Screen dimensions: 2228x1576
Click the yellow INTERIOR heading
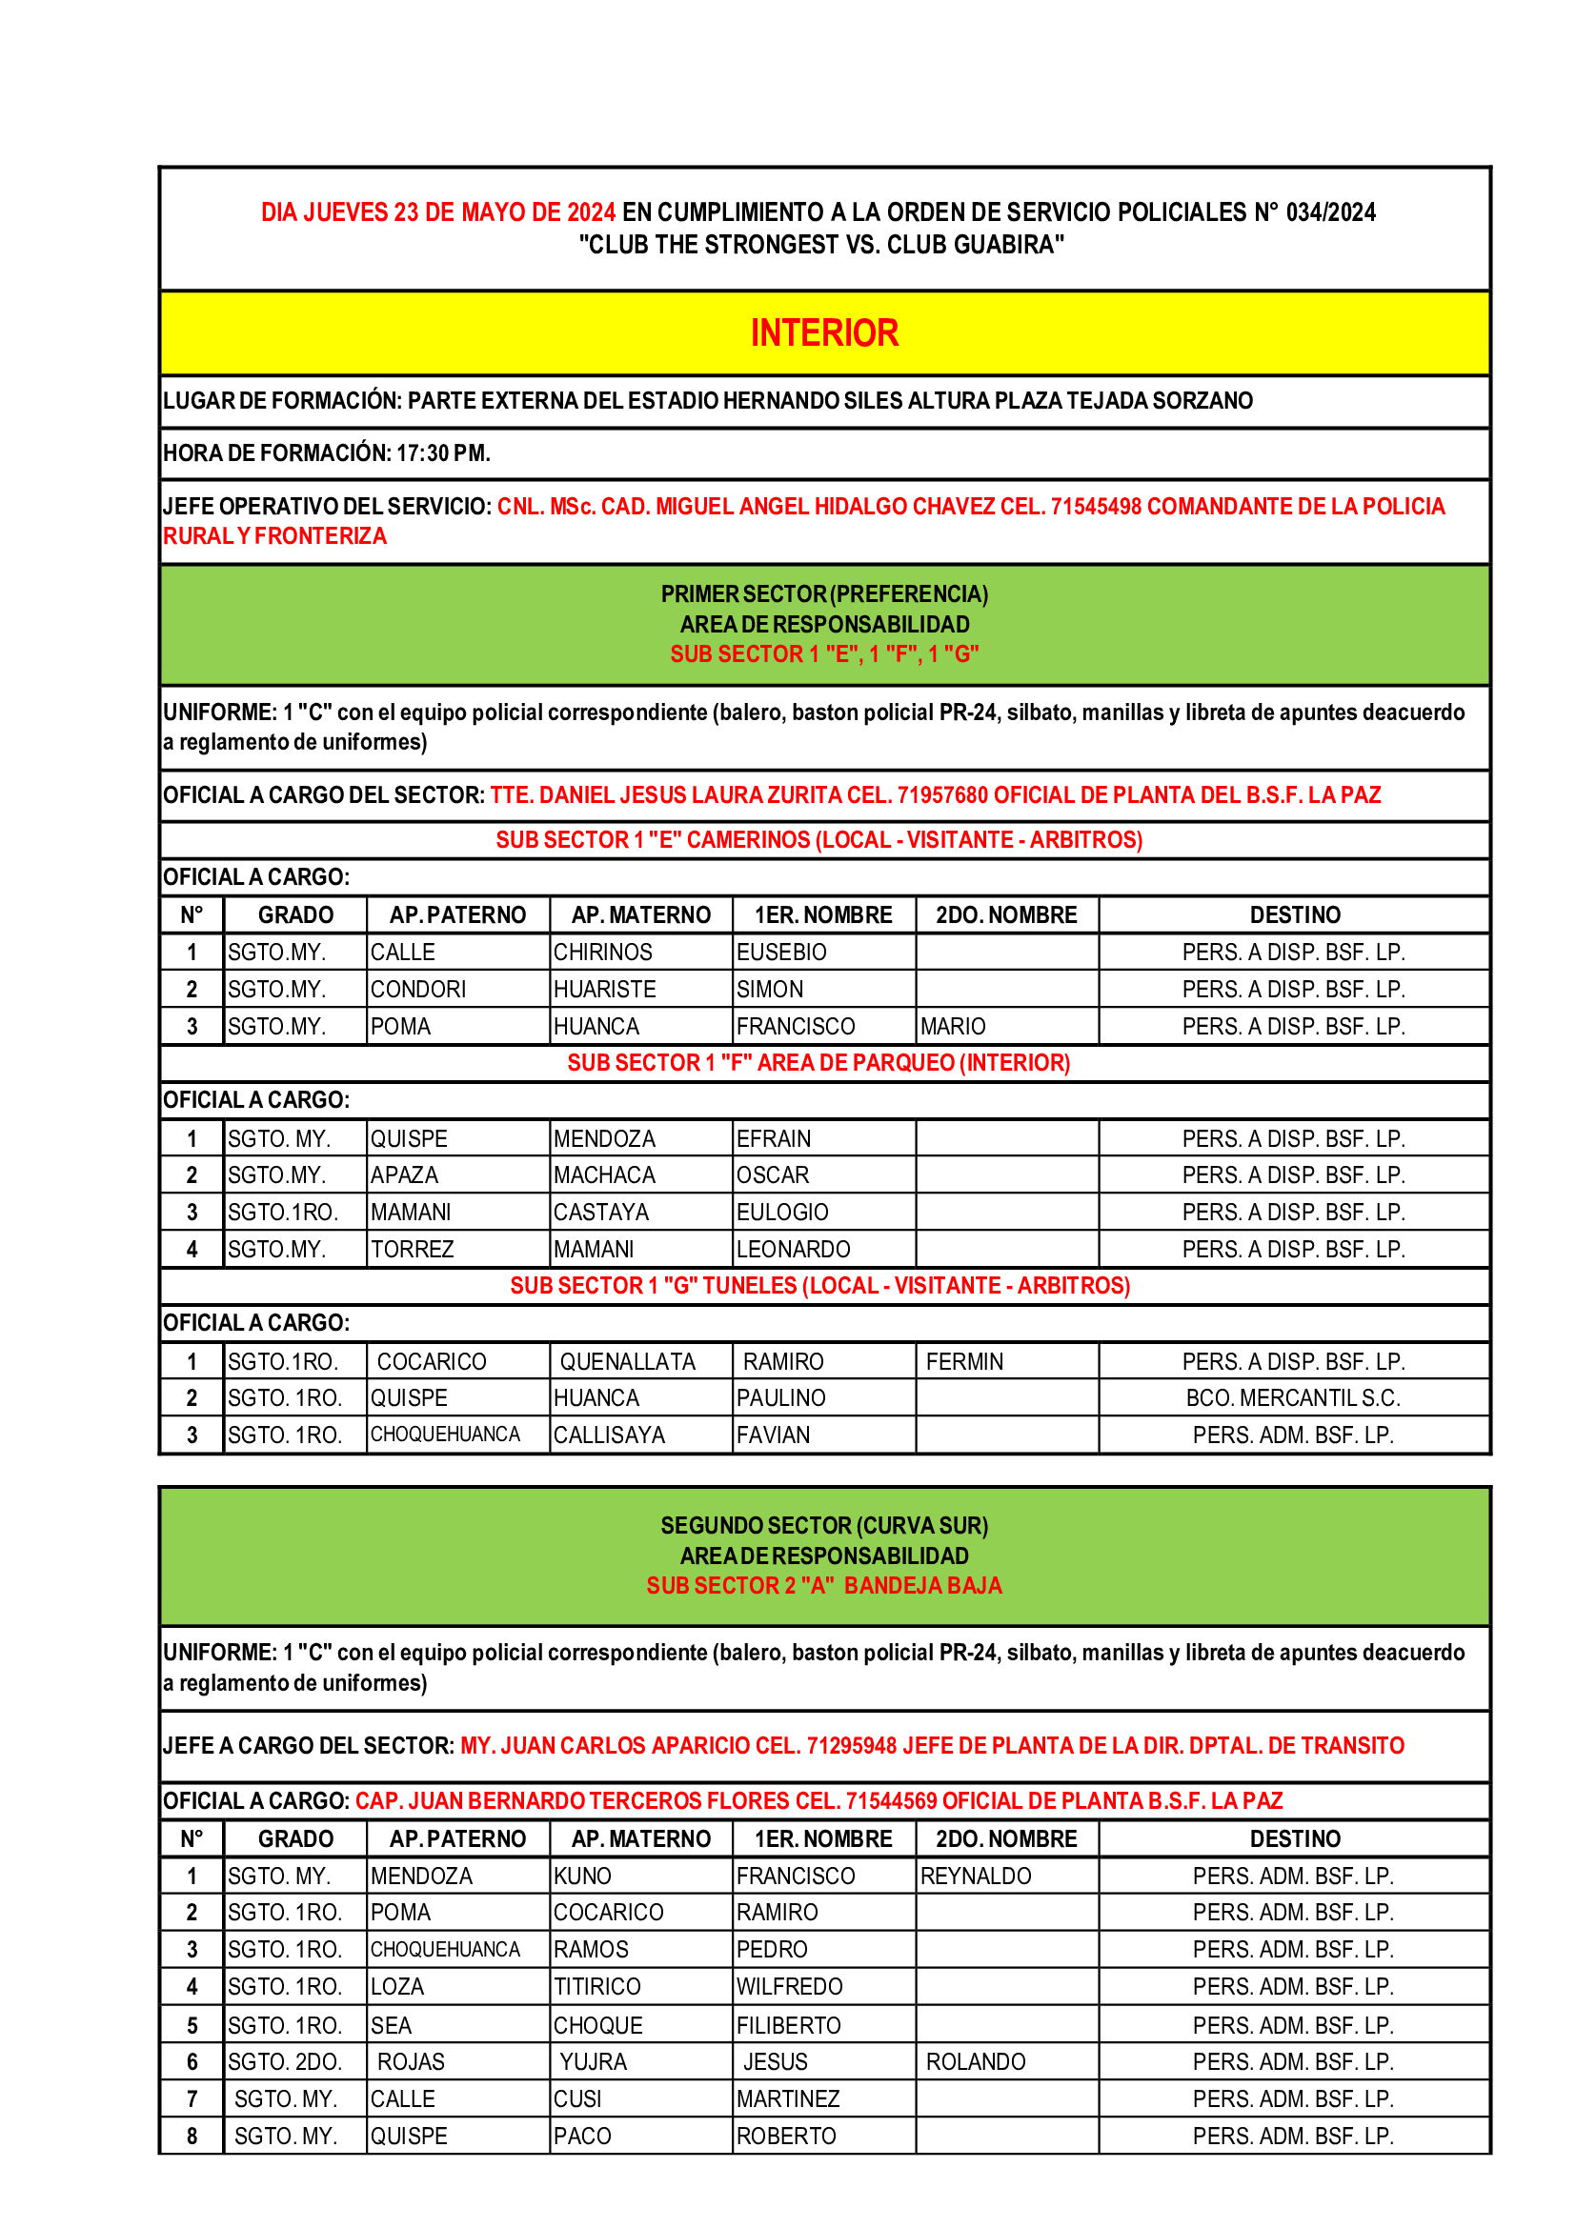pos(824,332)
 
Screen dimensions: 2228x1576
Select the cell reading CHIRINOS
pos(602,952)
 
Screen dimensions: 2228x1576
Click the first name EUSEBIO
pos(781,952)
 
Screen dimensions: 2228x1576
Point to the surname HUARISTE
pos(606,989)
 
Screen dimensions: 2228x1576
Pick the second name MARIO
pos(952,1026)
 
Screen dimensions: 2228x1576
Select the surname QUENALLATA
pos(627,1361)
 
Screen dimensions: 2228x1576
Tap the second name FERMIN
pos(963,1361)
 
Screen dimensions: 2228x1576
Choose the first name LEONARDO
pos(793,1249)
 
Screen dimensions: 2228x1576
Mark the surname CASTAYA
pos(600,1212)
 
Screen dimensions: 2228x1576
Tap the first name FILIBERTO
pos(788,2025)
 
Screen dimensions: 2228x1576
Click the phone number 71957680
pos(942,795)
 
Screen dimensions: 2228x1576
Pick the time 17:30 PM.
pos(442,453)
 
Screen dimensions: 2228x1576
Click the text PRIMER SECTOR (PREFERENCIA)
pos(824,593)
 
